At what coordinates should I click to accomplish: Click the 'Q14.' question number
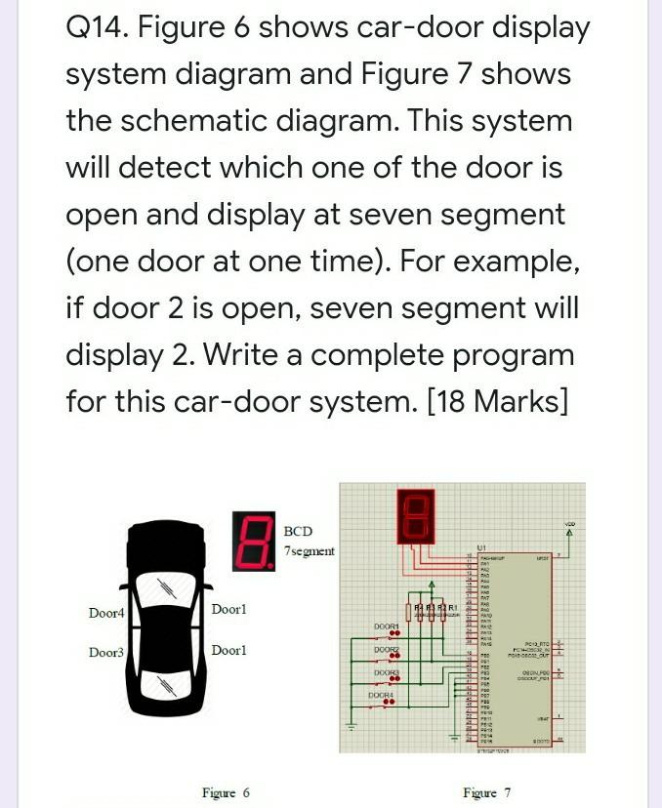(x=96, y=28)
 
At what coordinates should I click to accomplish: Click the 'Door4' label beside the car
(x=106, y=613)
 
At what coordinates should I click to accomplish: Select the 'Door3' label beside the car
(x=106, y=652)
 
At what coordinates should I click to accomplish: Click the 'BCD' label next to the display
(x=298, y=531)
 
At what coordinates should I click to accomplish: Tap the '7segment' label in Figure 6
(x=309, y=551)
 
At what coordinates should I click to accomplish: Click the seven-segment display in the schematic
(x=413, y=514)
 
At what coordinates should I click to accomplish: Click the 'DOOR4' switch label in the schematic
(x=381, y=695)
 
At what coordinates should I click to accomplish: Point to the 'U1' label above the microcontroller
(x=481, y=547)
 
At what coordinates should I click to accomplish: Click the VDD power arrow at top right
(x=569, y=533)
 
